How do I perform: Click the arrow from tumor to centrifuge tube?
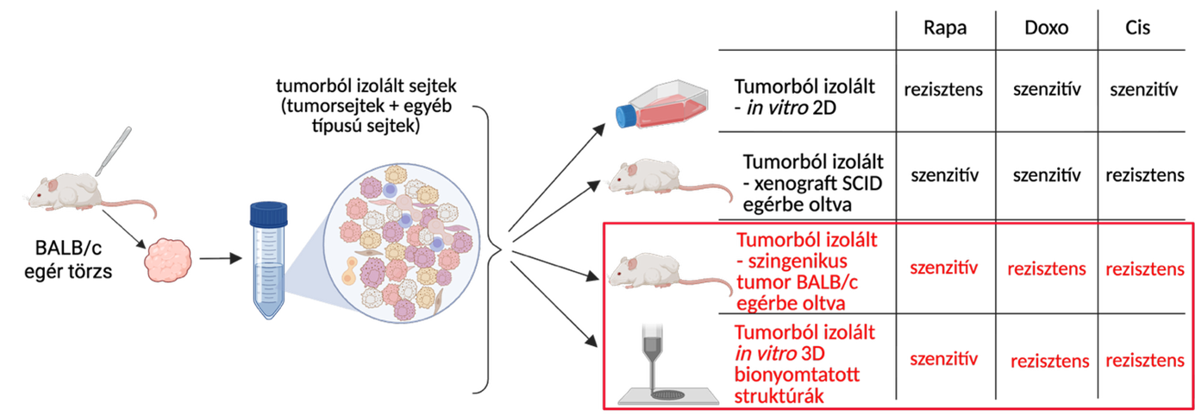[x=219, y=257]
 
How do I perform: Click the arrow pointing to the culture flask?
[x=560, y=178]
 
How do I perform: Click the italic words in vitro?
[x=764, y=354]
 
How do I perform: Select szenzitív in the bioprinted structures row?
[x=944, y=356]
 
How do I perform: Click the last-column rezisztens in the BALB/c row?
[x=1144, y=269]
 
